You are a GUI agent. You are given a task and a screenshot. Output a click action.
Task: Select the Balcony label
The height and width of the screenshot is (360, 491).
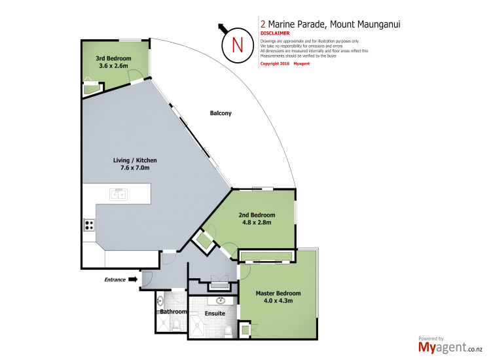(221, 113)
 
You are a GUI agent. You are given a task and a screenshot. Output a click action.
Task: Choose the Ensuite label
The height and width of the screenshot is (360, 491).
(215, 314)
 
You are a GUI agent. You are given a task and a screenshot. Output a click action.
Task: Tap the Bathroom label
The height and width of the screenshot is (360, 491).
(173, 312)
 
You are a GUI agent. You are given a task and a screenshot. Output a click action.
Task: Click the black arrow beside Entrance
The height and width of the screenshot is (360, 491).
(133, 279)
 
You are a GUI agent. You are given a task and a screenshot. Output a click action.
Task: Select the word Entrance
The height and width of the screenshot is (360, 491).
(115, 279)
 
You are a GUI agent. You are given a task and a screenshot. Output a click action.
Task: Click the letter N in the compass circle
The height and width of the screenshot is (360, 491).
(238, 45)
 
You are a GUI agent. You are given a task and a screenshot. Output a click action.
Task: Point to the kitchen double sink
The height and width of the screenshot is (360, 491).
(118, 194)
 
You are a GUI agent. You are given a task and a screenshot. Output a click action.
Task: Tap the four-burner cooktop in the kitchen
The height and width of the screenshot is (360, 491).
(89, 225)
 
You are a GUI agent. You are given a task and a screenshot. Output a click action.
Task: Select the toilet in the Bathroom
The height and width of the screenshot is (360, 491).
(177, 325)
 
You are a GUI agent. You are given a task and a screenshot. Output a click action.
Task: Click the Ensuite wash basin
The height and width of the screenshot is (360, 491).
(221, 301)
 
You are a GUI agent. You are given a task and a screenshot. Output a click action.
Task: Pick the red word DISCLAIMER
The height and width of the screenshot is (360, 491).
(275, 33)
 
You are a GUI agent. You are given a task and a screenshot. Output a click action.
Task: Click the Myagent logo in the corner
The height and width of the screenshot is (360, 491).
(450, 346)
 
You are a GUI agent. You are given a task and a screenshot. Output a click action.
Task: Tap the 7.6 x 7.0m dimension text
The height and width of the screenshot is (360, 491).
(135, 168)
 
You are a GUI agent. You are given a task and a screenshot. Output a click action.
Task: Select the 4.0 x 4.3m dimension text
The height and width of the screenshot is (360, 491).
(278, 301)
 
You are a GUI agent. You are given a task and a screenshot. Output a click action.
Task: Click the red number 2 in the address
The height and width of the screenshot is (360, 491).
(263, 24)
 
